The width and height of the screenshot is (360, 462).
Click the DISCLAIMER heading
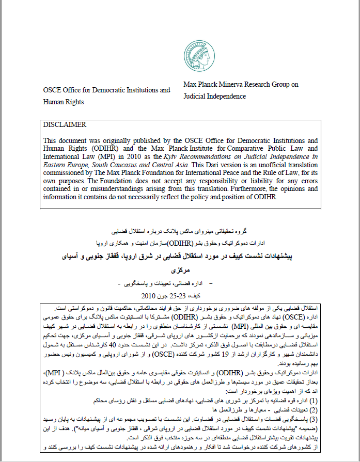tap(65, 125)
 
